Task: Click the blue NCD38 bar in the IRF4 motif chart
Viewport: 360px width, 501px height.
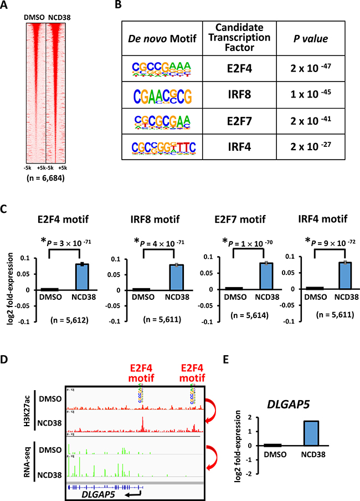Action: tap(329, 278)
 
